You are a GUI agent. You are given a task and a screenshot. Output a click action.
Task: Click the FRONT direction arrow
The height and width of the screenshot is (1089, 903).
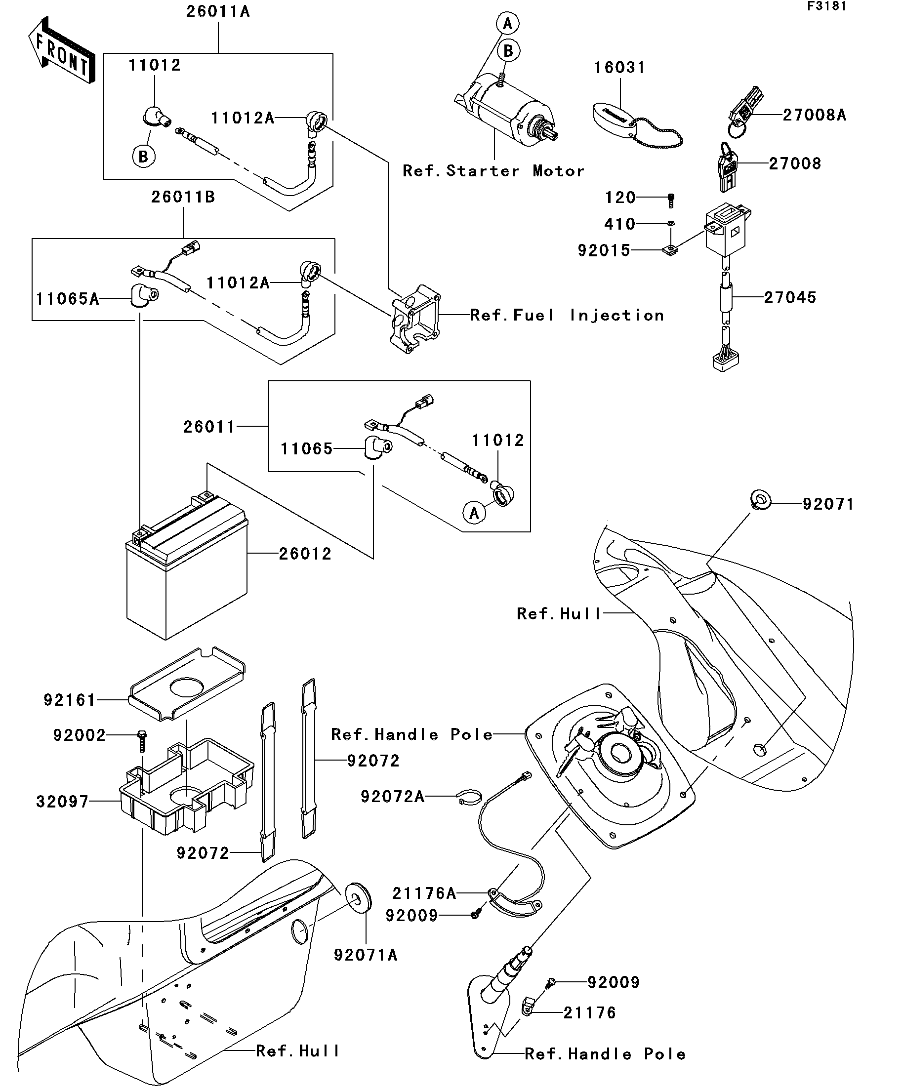click(x=61, y=51)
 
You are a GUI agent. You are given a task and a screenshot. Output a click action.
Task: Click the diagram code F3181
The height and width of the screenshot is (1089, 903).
click(x=826, y=6)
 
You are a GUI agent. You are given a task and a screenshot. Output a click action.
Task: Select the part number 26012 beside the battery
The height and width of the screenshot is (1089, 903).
click(x=305, y=554)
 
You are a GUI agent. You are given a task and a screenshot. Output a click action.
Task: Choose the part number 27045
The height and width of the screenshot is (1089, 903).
click(x=790, y=298)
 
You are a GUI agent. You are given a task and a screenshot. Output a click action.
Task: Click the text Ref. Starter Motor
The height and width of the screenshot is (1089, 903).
click(x=493, y=171)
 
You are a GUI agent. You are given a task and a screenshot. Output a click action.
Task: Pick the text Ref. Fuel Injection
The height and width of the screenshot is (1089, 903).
click(x=567, y=315)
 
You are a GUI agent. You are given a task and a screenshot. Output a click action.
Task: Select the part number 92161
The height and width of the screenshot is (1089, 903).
click(x=70, y=700)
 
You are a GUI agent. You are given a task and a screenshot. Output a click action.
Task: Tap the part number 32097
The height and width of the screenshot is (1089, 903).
click(x=63, y=802)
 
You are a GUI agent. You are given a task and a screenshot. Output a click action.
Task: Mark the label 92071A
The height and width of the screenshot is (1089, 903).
click(x=366, y=955)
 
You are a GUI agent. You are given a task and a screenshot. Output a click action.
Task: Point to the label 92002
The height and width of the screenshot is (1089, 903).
click(x=80, y=735)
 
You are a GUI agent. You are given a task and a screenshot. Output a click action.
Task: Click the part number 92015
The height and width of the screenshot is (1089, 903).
click(x=604, y=250)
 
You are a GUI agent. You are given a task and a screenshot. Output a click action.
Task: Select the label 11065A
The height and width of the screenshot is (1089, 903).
click(x=67, y=299)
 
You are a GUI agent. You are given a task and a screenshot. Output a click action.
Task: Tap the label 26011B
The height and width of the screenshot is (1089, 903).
click(x=183, y=198)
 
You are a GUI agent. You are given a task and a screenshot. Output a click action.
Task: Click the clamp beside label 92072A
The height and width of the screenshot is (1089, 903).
click(x=470, y=797)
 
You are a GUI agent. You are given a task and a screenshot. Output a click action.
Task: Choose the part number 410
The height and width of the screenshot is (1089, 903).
click(x=620, y=224)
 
